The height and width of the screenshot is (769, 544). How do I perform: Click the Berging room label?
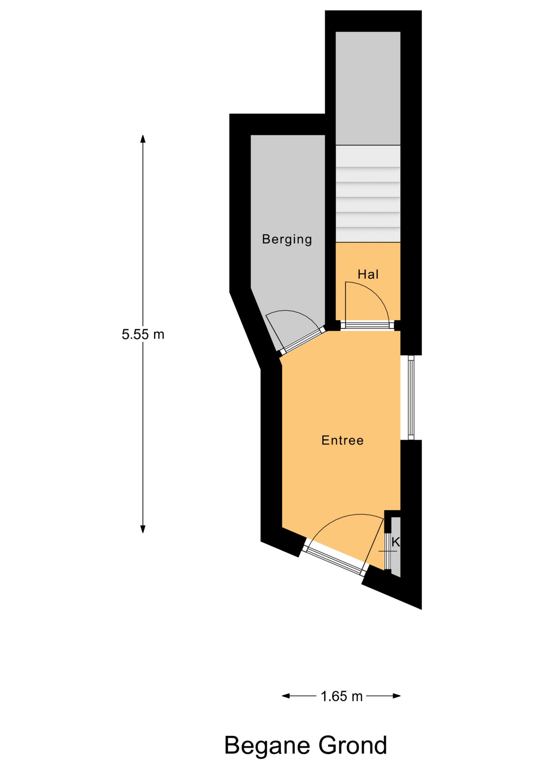[287, 239]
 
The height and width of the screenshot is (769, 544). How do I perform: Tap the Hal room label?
[368, 274]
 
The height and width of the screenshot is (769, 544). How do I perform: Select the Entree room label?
[342, 440]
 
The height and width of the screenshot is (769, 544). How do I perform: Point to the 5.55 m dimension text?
[143, 334]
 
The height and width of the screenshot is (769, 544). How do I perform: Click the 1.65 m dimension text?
[342, 696]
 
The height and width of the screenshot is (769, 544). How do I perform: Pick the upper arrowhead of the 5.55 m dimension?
[143, 139]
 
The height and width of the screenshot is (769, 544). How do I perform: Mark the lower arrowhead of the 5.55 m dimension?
[143, 529]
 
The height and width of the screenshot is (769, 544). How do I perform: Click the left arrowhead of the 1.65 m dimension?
[286, 696]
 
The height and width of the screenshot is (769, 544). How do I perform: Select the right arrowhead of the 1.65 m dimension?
[397, 696]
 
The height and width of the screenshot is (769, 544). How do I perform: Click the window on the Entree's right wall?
[411, 398]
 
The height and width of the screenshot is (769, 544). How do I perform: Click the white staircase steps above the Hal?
[368, 194]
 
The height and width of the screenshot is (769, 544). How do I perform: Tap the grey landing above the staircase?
[368, 88]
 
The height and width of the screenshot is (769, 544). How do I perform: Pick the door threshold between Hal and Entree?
[368, 325]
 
